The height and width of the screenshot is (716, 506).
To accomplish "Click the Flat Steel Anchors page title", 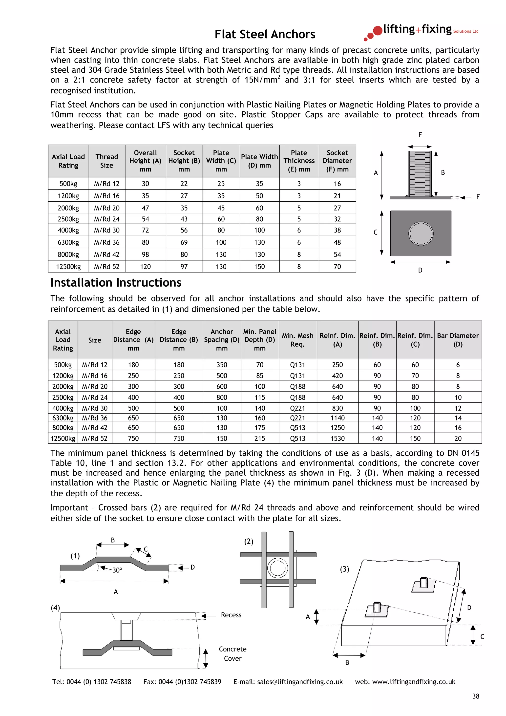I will click(265, 34).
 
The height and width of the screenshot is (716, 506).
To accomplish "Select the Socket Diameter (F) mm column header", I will click(337, 161).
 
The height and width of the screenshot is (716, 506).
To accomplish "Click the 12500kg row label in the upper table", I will click(68, 267).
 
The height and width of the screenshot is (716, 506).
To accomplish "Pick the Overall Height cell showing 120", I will click(145, 267).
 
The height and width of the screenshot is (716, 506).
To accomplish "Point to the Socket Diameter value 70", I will click(337, 267).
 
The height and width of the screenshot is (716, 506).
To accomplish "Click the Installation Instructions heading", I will click(116, 283).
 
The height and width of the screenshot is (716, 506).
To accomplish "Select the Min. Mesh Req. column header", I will click(297, 340).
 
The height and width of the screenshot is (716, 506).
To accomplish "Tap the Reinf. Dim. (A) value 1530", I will click(337, 439).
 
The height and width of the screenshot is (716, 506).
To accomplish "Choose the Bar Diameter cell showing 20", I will click(458, 439).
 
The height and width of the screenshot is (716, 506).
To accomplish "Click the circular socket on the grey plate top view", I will click(421, 233).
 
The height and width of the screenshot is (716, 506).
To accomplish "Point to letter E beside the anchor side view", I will click(478, 197).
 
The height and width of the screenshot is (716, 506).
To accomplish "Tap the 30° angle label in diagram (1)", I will click(117, 570).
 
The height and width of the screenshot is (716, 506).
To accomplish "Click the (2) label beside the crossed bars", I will click(249, 541).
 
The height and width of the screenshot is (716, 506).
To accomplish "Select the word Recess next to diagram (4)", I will click(231, 615).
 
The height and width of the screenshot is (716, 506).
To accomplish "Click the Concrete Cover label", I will click(232, 654).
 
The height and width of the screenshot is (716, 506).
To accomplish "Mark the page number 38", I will click(475, 696).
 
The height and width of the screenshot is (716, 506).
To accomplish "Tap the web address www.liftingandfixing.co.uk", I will click(413, 682).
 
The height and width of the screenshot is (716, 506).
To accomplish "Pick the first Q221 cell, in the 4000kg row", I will click(297, 408).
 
